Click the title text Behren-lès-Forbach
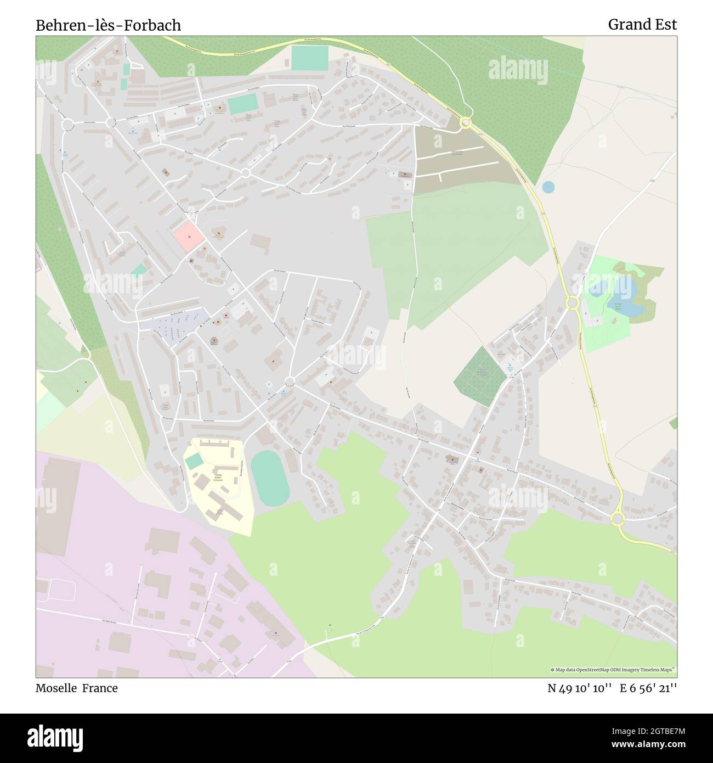click(108, 25)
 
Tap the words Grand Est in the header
click(642, 24)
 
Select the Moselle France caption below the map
click(76, 688)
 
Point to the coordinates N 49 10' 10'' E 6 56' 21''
click(612, 688)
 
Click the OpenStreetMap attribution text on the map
click(613, 670)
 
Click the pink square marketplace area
click(189, 237)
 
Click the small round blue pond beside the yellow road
click(548, 187)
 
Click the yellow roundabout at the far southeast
click(618, 519)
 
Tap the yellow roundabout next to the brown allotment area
click(466, 122)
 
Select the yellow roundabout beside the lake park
click(572, 302)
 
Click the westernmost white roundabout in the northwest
click(67, 125)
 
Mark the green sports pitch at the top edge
click(310, 58)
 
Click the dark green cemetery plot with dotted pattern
click(479, 377)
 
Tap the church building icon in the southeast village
click(452, 459)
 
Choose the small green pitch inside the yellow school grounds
click(194, 462)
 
